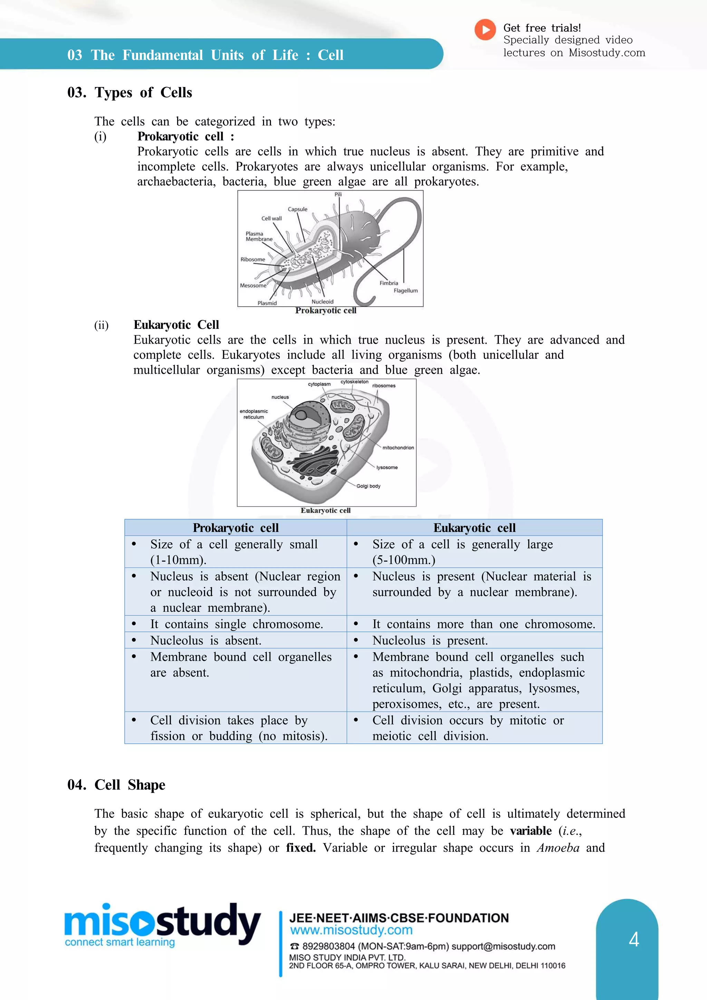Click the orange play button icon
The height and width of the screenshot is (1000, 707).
coord(485,30)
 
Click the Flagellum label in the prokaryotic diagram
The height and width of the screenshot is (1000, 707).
coord(405,291)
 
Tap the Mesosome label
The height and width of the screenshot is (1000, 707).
coord(253,286)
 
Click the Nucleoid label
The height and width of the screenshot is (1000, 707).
coord(322,302)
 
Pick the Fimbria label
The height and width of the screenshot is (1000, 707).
coord(388,283)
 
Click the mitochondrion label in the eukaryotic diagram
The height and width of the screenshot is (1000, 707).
coord(398,448)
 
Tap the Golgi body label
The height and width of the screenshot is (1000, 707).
coord(368,486)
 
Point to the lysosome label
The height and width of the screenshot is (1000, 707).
coord(387,467)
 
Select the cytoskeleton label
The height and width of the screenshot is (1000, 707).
coord(355,382)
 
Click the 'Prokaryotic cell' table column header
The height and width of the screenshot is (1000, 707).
coord(235,528)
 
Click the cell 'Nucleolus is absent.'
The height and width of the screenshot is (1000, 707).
coord(205,641)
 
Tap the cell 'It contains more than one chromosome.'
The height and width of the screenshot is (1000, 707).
coord(483,624)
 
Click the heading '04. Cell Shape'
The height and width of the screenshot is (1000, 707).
coord(116,785)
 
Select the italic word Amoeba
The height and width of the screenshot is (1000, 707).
coord(558,848)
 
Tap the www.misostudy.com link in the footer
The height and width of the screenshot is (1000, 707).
coord(351,930)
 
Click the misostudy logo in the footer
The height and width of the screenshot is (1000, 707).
coord(162,923)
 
